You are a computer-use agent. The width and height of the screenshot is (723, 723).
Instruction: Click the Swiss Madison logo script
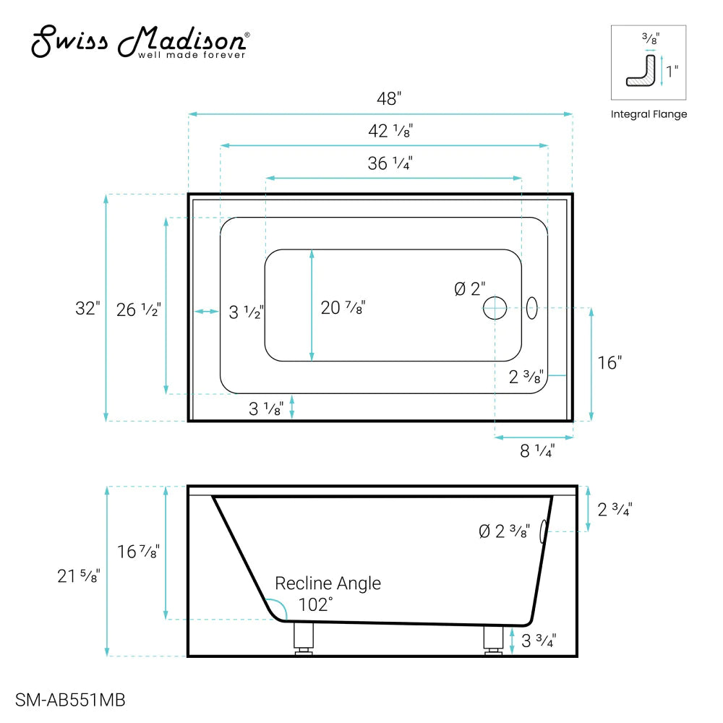(141, 41)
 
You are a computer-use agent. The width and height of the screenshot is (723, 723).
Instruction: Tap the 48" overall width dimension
(388, 99)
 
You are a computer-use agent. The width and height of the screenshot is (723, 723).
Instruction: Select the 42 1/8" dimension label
(390, 132)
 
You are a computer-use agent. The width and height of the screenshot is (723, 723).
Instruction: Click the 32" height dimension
(86, 308)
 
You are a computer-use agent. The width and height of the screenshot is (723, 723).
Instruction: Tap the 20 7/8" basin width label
(343, 308)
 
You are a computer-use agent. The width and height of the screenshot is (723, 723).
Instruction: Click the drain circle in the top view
(495, 308)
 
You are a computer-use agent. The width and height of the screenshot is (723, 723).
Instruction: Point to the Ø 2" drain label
(470, 289)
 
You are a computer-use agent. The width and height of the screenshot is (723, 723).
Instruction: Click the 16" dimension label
(609, 363)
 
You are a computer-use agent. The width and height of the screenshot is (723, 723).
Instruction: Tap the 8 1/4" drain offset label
(536, 451)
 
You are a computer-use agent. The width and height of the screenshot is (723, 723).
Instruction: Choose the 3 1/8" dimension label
(265, 408)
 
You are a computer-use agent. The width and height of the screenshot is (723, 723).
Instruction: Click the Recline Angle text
(328, 583)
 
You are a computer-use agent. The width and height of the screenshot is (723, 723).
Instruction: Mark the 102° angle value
(315, 604)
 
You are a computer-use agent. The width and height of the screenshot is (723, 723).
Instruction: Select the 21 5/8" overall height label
(79, 576)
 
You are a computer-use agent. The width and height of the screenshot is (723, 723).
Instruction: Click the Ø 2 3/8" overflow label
(504, 532)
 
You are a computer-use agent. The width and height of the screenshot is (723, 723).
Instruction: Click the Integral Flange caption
(649, 114)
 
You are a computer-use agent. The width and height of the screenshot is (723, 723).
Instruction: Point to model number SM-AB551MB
(70, 700)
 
